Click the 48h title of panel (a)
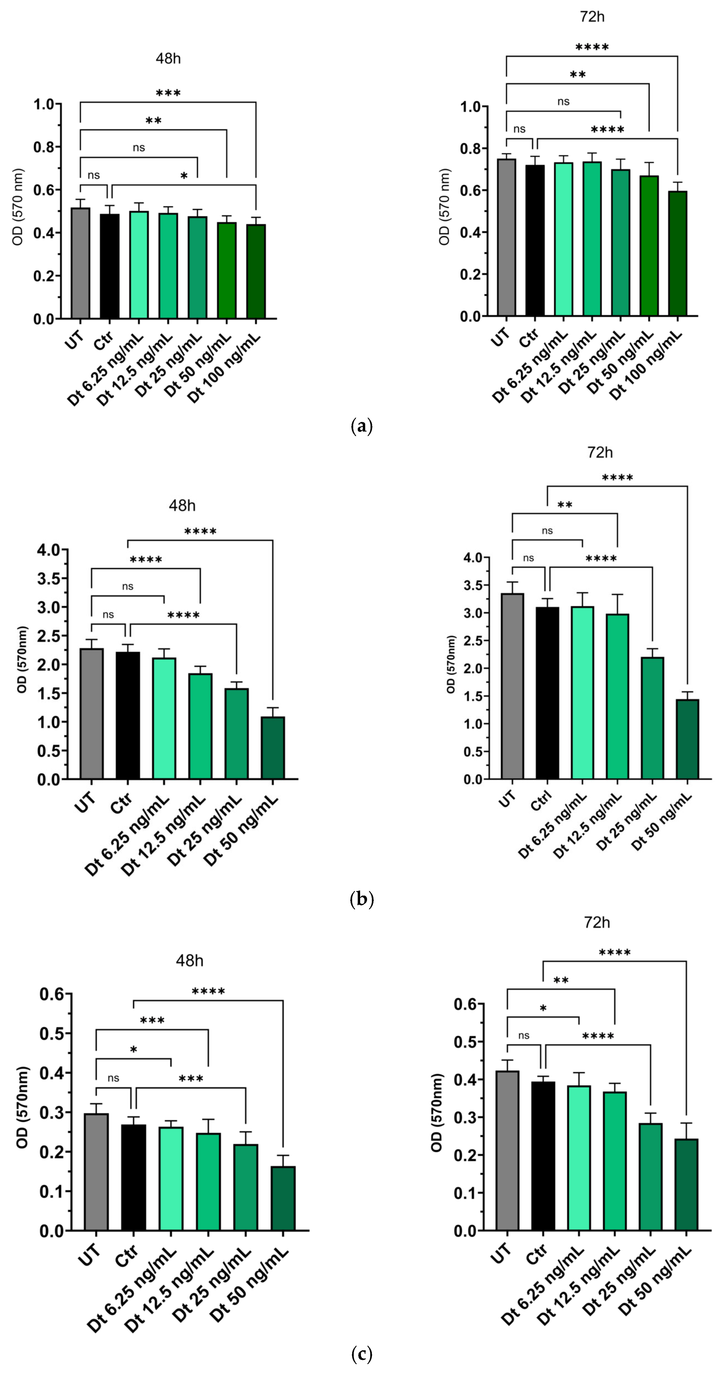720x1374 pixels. [168, 59]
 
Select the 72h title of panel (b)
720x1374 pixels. [600, 453]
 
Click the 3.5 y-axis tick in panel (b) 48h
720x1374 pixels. [49, 578]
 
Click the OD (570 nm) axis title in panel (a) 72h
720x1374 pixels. [444, 206]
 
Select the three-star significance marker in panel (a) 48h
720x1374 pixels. [168, 93]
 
